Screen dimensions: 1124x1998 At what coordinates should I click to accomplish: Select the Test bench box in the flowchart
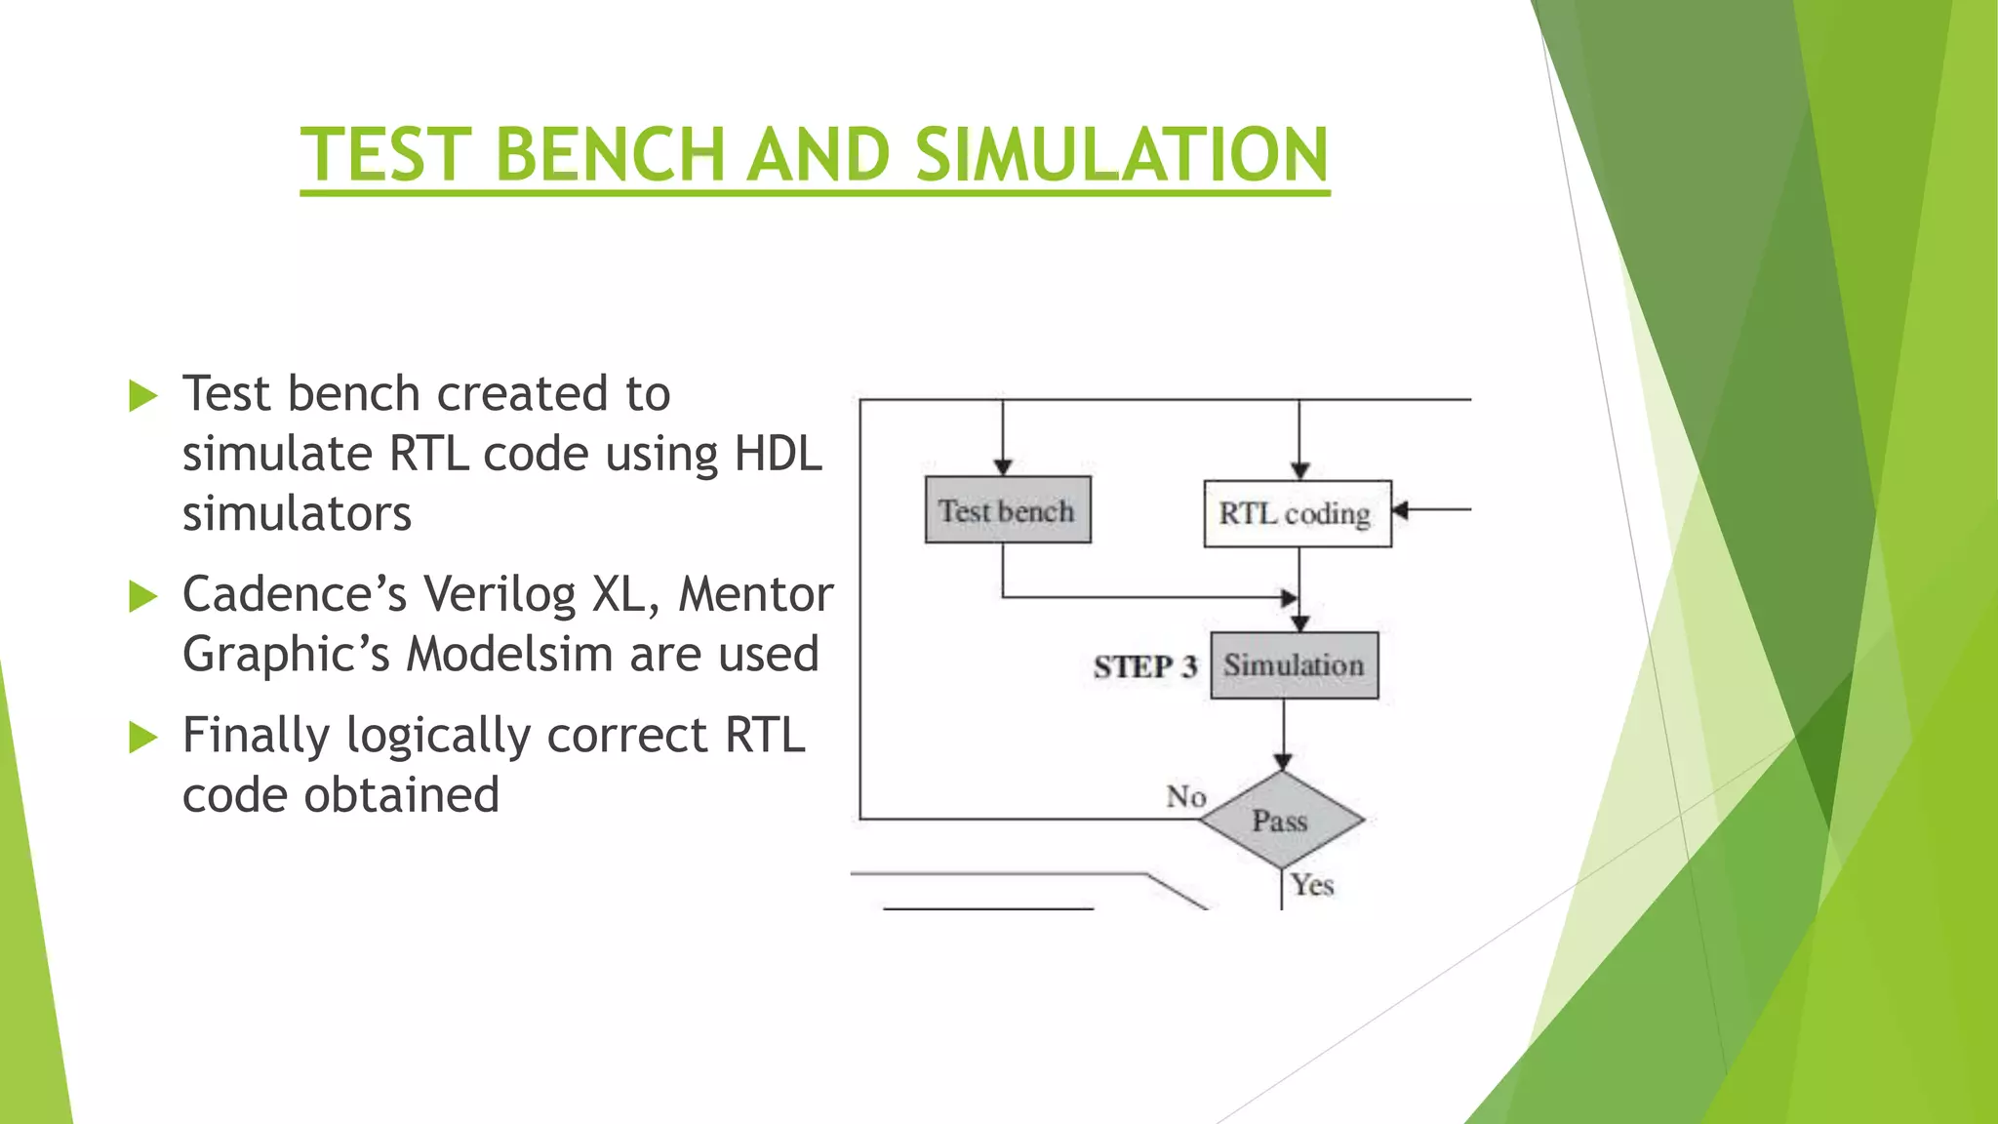tap(1007, 510)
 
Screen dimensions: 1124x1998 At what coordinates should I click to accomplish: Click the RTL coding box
tap(1297, 513)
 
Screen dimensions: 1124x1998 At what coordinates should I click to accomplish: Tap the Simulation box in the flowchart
tap(1294, 665)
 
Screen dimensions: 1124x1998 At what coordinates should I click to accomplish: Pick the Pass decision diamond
tap(1281, 820)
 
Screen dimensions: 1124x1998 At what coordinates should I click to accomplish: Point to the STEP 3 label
tap(1144, 667)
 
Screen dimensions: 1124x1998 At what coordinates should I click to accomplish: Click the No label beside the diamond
tap(1185, 797)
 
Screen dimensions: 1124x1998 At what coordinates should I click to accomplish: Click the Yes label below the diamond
tap(1312, 885)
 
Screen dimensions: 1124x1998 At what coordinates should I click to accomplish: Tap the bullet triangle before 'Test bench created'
tap(142, 396)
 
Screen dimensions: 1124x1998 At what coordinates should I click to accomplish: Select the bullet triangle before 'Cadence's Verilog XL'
tap(142, 596)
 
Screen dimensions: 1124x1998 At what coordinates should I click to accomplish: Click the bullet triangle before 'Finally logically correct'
tap(142, 738)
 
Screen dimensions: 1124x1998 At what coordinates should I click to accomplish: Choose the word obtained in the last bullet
tap(401, 795)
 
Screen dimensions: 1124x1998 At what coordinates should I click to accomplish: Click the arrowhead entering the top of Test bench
tap(1003, 467)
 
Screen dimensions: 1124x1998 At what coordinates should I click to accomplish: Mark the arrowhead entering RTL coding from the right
tap(1400, 510)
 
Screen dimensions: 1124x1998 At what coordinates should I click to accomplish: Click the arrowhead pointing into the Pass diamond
tap(1283, 762)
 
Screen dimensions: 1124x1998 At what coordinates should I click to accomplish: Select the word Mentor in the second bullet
tap(755, 594)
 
